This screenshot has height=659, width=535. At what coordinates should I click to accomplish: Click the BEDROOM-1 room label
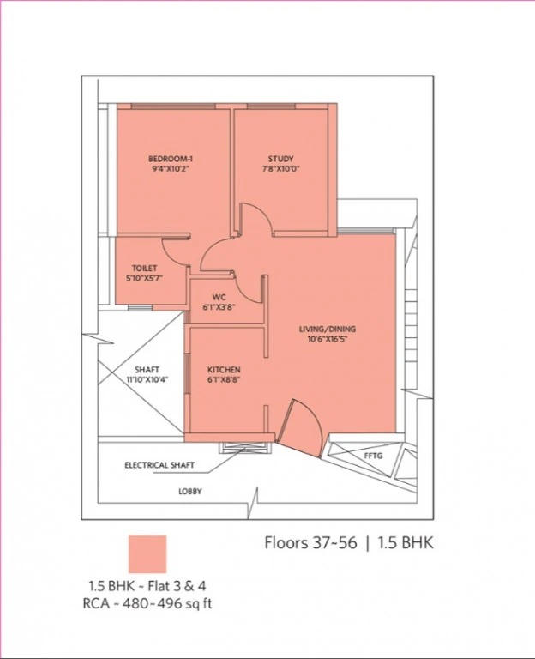click(x=171, y=159)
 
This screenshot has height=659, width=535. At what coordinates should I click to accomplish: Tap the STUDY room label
click(x=281, y=159)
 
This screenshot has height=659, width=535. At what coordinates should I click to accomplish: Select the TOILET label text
click(x=144, y=268)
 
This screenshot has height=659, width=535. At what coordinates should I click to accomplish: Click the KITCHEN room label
click(x=224, y=370)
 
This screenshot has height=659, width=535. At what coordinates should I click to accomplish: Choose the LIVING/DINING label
click(x=328, y=329)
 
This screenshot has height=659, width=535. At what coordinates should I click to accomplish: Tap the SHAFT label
click(x=147, y=370)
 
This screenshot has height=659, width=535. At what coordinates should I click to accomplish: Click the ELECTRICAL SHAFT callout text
click(x=159, y=465)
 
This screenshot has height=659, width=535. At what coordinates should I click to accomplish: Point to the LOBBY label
click(x=190, y=491)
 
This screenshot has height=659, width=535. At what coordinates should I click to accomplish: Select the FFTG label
click(x=373, y=456)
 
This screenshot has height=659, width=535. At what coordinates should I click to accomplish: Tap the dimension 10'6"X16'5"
click(x=328, y=339)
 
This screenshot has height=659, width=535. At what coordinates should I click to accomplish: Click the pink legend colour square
click(x=147, y=554)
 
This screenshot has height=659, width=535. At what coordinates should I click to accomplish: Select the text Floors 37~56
click(x=310, y=542)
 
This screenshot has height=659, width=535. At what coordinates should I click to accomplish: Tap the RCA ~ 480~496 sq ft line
click(x=147, y=603)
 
